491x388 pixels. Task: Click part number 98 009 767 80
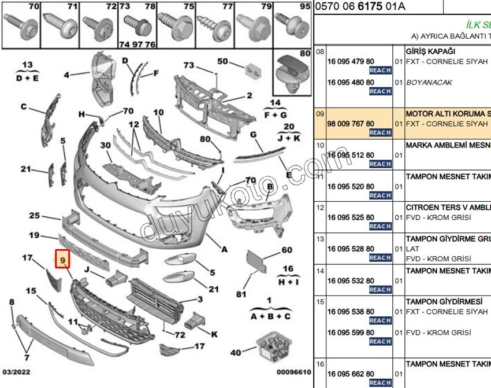click(x=351, y=123)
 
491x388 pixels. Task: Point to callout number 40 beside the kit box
click(x=235, y=352)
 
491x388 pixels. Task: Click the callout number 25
click(x=34, y=216)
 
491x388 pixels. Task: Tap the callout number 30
click(x=106, y=145)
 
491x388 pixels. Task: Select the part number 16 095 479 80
click(x=351, y=61)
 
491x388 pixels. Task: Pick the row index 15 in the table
click(x=319, y=301)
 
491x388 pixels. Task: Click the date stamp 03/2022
click(x=16, y=372)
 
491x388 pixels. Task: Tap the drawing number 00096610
click(x=293, y=372)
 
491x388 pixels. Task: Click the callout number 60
click(x=287, y=250)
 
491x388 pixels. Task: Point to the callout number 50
click(x=223, y=61)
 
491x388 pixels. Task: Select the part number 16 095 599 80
click(x=351, y=332)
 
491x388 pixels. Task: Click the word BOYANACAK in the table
click(x=429, y=82)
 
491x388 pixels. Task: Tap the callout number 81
click(x=241, y=294)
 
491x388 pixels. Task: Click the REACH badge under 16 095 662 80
click(x=380, y=383)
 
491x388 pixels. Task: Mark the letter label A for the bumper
click(x=225, y=250)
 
